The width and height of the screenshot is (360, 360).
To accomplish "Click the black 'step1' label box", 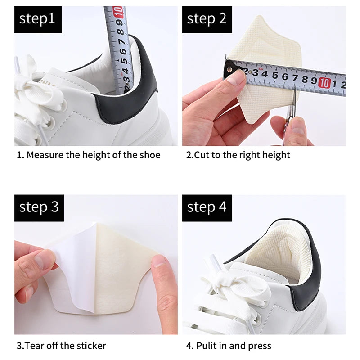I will [x=38, y=19].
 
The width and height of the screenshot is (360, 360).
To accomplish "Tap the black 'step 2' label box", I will [x=206, y=19].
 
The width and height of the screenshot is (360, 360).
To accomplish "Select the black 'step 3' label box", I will [x=38, y=208].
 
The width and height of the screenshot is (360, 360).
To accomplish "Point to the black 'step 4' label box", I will [x=207, y=208].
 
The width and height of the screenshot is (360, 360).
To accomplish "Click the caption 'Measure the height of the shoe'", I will [x=88, y=155].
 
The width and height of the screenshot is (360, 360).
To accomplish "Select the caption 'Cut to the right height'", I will [x=238, y=155].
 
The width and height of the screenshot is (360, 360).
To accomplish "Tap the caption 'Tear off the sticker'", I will [x=61, y=346].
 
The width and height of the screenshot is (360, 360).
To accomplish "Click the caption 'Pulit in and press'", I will [x=229, y=346].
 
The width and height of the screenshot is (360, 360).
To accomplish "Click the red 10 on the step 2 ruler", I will [x=324, y=82].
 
